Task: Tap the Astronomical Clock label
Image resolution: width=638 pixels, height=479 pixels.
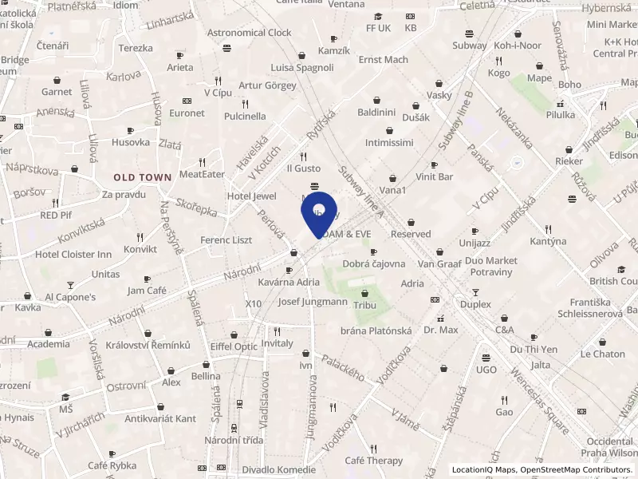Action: [x=249, y=33]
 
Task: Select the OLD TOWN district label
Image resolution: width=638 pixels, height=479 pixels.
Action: [x=142, y=176]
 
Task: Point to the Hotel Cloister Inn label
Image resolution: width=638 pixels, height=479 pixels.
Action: [x=73, y=254]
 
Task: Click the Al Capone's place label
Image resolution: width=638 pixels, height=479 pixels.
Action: [x=70, y=297]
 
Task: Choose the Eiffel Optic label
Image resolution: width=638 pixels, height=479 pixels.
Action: [x=234, y=346]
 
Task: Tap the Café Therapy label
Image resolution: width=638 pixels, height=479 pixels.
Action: [x=373, y=461]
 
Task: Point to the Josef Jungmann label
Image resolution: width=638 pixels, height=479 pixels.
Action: [x=313, y=302]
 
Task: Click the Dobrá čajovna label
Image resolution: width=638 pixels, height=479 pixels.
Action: [x=373, y=263]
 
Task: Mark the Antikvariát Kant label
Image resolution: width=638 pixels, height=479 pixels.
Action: [x=160, y=418]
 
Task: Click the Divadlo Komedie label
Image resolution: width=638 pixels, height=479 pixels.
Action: [x=279, y=469]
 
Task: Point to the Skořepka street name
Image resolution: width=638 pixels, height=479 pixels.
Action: [x=196, y=207]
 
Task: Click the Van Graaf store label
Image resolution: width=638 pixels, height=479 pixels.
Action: [x=439, y=263]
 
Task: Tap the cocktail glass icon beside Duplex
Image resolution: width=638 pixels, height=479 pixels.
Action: [x=476, y=292]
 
